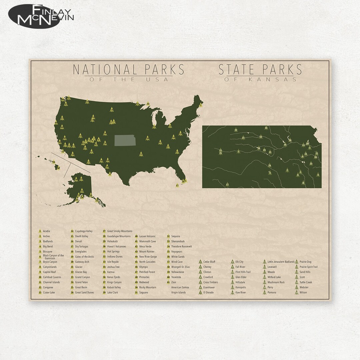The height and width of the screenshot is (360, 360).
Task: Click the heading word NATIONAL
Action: coord(104,69)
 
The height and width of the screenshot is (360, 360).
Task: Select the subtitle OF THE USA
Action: coord(128,80)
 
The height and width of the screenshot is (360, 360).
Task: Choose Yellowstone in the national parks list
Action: coord(177,272)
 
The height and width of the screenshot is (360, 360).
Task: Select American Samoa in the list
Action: coord(180,287)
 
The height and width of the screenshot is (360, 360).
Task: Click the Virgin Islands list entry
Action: coord(179,292)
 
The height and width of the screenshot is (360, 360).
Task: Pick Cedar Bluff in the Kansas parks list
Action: coord(209,262)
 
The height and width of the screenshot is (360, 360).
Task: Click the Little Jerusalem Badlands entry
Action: coord(281,262)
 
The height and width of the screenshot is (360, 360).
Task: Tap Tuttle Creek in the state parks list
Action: coord(305,282)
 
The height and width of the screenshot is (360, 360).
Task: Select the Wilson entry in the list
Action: coord(303,292)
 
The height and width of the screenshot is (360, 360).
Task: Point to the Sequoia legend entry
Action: coord(175,236)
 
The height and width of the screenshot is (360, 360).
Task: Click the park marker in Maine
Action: coord(201,105)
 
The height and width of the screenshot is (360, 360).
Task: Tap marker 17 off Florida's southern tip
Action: coord(177,185)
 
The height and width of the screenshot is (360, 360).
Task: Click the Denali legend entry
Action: coord(79,241)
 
